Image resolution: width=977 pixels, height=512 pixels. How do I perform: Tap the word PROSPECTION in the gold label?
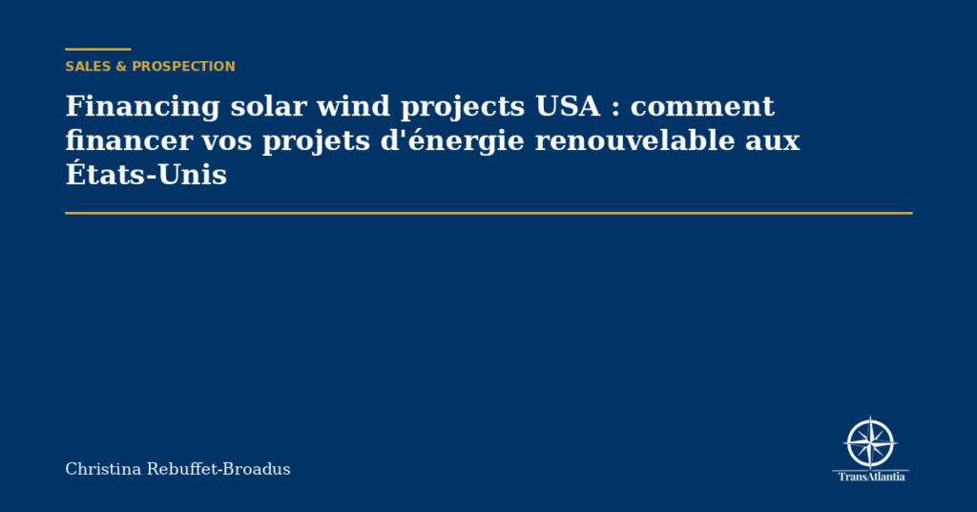[x=183, y=67]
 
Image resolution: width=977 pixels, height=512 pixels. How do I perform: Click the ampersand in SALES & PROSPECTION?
[x=121, y=67]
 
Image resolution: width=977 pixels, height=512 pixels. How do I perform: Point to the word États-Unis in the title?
[x=146, y=176]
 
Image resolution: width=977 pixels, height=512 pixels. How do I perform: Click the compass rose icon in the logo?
[x=870, y=443]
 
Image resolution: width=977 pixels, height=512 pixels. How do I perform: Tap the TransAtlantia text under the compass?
[x=871, y=476]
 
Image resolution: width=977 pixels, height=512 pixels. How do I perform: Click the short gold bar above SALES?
[x=97, y=49]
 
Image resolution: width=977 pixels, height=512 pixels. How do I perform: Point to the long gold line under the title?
[x=488, y=213]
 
